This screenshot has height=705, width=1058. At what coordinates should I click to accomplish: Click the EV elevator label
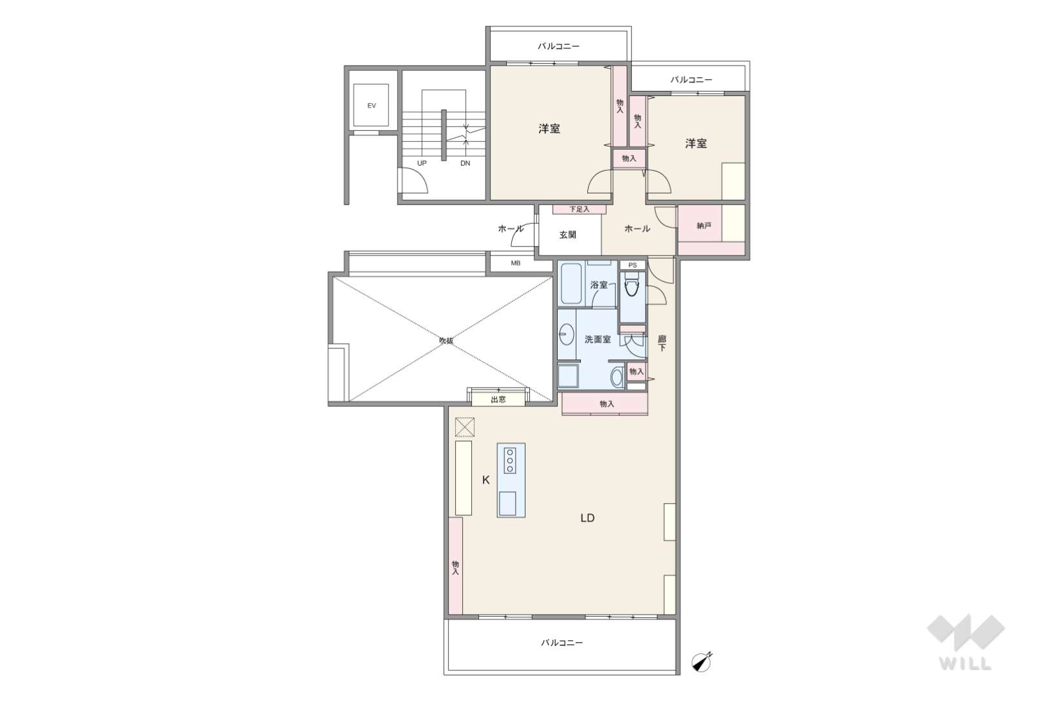tap(372, 106)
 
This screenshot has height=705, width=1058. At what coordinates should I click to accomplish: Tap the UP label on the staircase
tap(422, 163)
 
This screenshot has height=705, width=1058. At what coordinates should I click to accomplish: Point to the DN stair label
tap(465, 163)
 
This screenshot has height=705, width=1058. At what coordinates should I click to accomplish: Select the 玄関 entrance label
tap(567, 235)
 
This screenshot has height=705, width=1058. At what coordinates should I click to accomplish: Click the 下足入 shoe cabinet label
tap(580, 209)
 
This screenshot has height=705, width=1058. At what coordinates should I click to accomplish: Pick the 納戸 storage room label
tap(704, 226)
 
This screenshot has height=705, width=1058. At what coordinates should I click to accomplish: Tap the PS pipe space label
tap(633, 265)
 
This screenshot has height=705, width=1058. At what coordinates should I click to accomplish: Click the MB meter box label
tap(516, 263)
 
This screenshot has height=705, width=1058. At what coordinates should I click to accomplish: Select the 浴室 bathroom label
tap(599, 285)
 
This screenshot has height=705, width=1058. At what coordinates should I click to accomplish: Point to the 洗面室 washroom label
tap(598, 339)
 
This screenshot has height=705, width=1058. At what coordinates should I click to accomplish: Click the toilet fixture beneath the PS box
tap(632, 288)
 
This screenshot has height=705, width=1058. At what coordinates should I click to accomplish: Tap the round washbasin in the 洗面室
tap(567, 335)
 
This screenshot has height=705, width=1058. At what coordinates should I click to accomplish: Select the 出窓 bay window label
tap(498, 400)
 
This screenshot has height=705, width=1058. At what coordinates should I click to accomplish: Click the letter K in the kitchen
tap(485, 480)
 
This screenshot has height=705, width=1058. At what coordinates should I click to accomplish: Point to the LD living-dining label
tap(587, 518)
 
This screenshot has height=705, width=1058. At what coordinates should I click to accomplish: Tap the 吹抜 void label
tap(446, 340)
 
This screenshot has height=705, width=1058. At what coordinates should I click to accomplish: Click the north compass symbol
tap(702, 662)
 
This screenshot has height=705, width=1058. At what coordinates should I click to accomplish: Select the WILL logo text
tap(966, 664)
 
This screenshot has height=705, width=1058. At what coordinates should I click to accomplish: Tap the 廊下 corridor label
tap(662, 343)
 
